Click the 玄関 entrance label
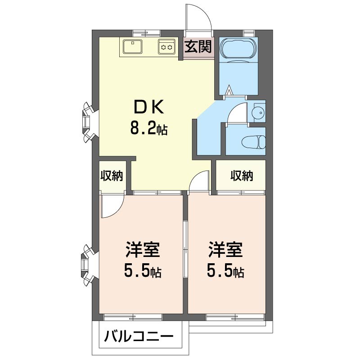coord(198,47)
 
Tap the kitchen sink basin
coord(132,46)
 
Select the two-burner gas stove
coord(166,47)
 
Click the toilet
coord(253,142)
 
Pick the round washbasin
coord(258,113)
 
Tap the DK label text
coord(149,107)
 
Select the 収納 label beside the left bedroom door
coord(112,176)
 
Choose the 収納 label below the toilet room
coord(242,176)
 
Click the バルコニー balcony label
coord(139,337)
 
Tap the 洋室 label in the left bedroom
coord(143,249)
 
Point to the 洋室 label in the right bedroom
coord(225,249)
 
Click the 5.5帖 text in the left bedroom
coord(143,271)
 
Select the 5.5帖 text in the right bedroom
coord(225,271)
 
